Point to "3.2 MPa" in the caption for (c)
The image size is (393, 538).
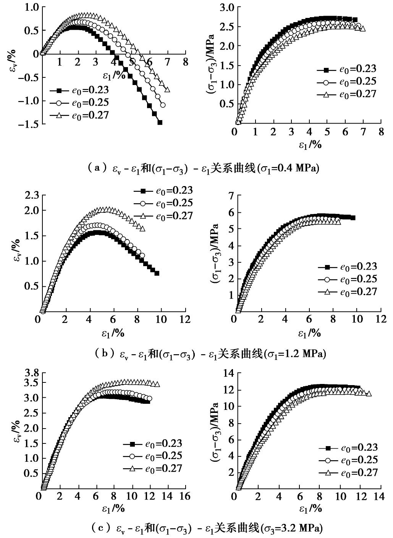(x=302, y=528)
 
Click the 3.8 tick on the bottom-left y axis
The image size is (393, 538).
(x=31, y=373)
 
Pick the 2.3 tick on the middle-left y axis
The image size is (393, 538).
(x=31, y=196)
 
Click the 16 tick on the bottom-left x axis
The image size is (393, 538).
(x=185, y=496)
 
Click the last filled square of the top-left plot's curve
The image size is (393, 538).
(x=160, y=122)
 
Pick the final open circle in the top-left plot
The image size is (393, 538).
(x=163, y=105)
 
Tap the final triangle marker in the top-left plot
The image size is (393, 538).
(x=167, y=90)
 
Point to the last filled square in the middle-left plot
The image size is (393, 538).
(x=157, y=273)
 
